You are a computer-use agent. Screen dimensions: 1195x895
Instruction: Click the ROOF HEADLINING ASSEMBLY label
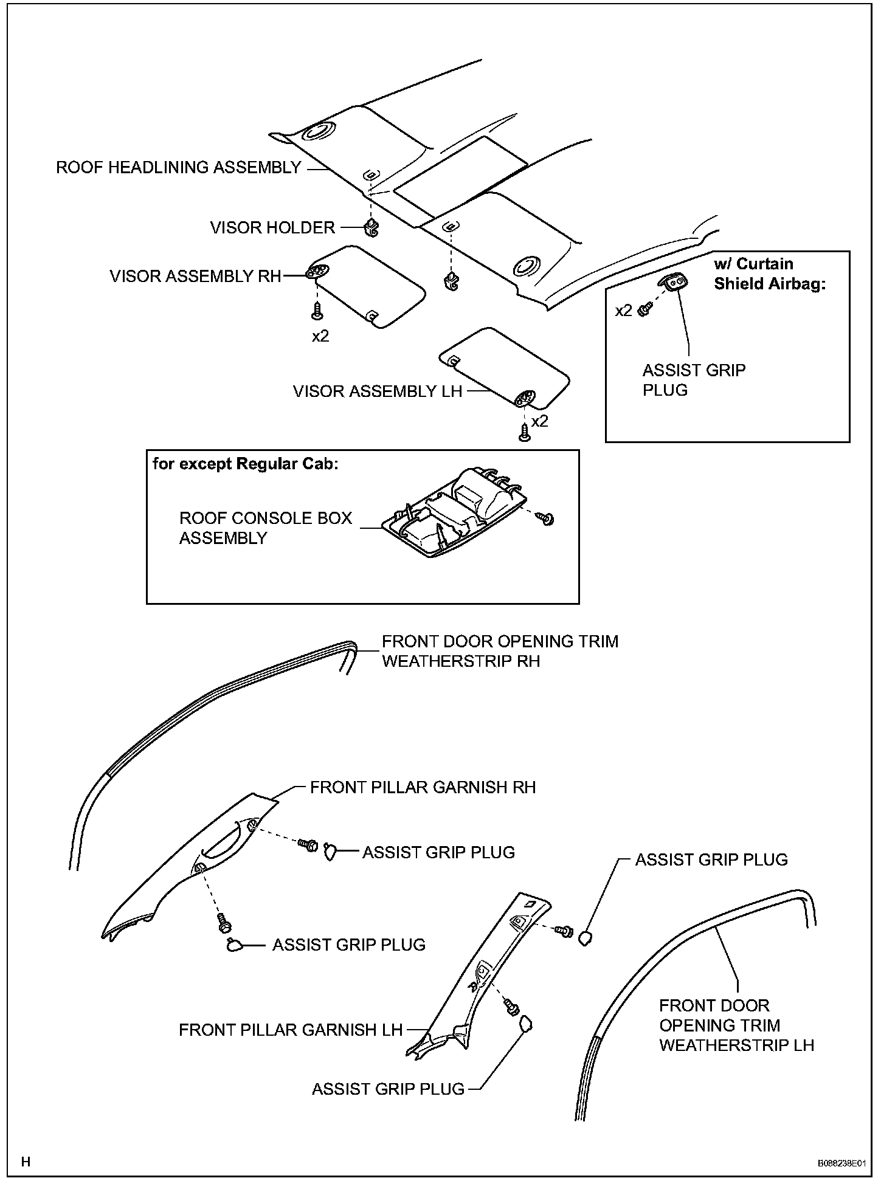point(178,167)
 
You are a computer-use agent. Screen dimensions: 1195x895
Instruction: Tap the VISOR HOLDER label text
point(272,228)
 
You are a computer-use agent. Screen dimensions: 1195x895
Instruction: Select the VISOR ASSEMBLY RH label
point(195,277)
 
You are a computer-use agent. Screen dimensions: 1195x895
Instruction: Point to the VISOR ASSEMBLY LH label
point(378,391)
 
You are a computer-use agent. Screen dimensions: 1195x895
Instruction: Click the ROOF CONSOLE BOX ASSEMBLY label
point(266,528)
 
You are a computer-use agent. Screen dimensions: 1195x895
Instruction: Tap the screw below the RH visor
point(317,311)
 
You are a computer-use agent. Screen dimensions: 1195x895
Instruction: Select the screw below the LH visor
point(524,432)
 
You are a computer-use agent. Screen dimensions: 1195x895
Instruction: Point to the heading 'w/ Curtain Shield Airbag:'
point(769,274)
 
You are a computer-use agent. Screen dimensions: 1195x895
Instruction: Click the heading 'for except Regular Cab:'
point(245,464)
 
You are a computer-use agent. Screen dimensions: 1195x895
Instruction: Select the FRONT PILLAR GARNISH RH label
point(423,788)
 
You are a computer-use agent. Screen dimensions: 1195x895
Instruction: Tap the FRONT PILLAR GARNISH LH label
point(291,1030)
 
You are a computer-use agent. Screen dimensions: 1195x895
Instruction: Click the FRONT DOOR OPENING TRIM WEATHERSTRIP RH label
point(500,651)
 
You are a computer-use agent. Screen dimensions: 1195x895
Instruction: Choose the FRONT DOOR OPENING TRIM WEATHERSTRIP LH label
point(736,1025)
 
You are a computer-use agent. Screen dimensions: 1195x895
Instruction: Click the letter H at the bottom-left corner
point(26,1162)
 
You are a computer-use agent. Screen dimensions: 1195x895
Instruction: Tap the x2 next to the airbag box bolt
point(624,311)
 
